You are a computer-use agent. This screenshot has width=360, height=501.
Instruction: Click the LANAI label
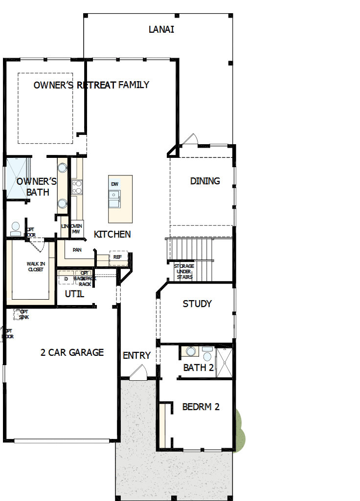[161, 29]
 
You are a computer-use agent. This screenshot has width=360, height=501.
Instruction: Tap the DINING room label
[205, 181]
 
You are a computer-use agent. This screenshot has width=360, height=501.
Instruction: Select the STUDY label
[197, 304]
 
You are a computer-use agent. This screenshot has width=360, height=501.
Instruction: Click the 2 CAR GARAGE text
[72, 352]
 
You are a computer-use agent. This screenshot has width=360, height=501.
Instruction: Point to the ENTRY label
[136, 355]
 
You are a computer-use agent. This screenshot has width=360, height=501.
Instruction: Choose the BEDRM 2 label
[201, 407]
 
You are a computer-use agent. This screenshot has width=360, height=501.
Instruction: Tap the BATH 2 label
[199, 368]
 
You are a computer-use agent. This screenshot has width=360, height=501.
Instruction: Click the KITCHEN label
[112, 234]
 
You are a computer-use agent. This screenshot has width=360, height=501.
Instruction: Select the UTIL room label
[74, 294]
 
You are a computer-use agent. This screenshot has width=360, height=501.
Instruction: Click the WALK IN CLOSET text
[35, 266]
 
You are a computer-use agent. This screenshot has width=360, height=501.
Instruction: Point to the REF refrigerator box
[118, 257]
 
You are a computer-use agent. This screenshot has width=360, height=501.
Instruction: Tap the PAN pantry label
[77, 250]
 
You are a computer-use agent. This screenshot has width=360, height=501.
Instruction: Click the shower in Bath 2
[224, 362]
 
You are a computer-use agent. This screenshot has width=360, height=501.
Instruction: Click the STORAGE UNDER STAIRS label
[184, 271]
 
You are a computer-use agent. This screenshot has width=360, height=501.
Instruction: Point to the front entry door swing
[137, 374]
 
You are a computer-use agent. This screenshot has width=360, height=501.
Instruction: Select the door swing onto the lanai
[190, 140]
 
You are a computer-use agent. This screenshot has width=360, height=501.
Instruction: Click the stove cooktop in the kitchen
[77, 187]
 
